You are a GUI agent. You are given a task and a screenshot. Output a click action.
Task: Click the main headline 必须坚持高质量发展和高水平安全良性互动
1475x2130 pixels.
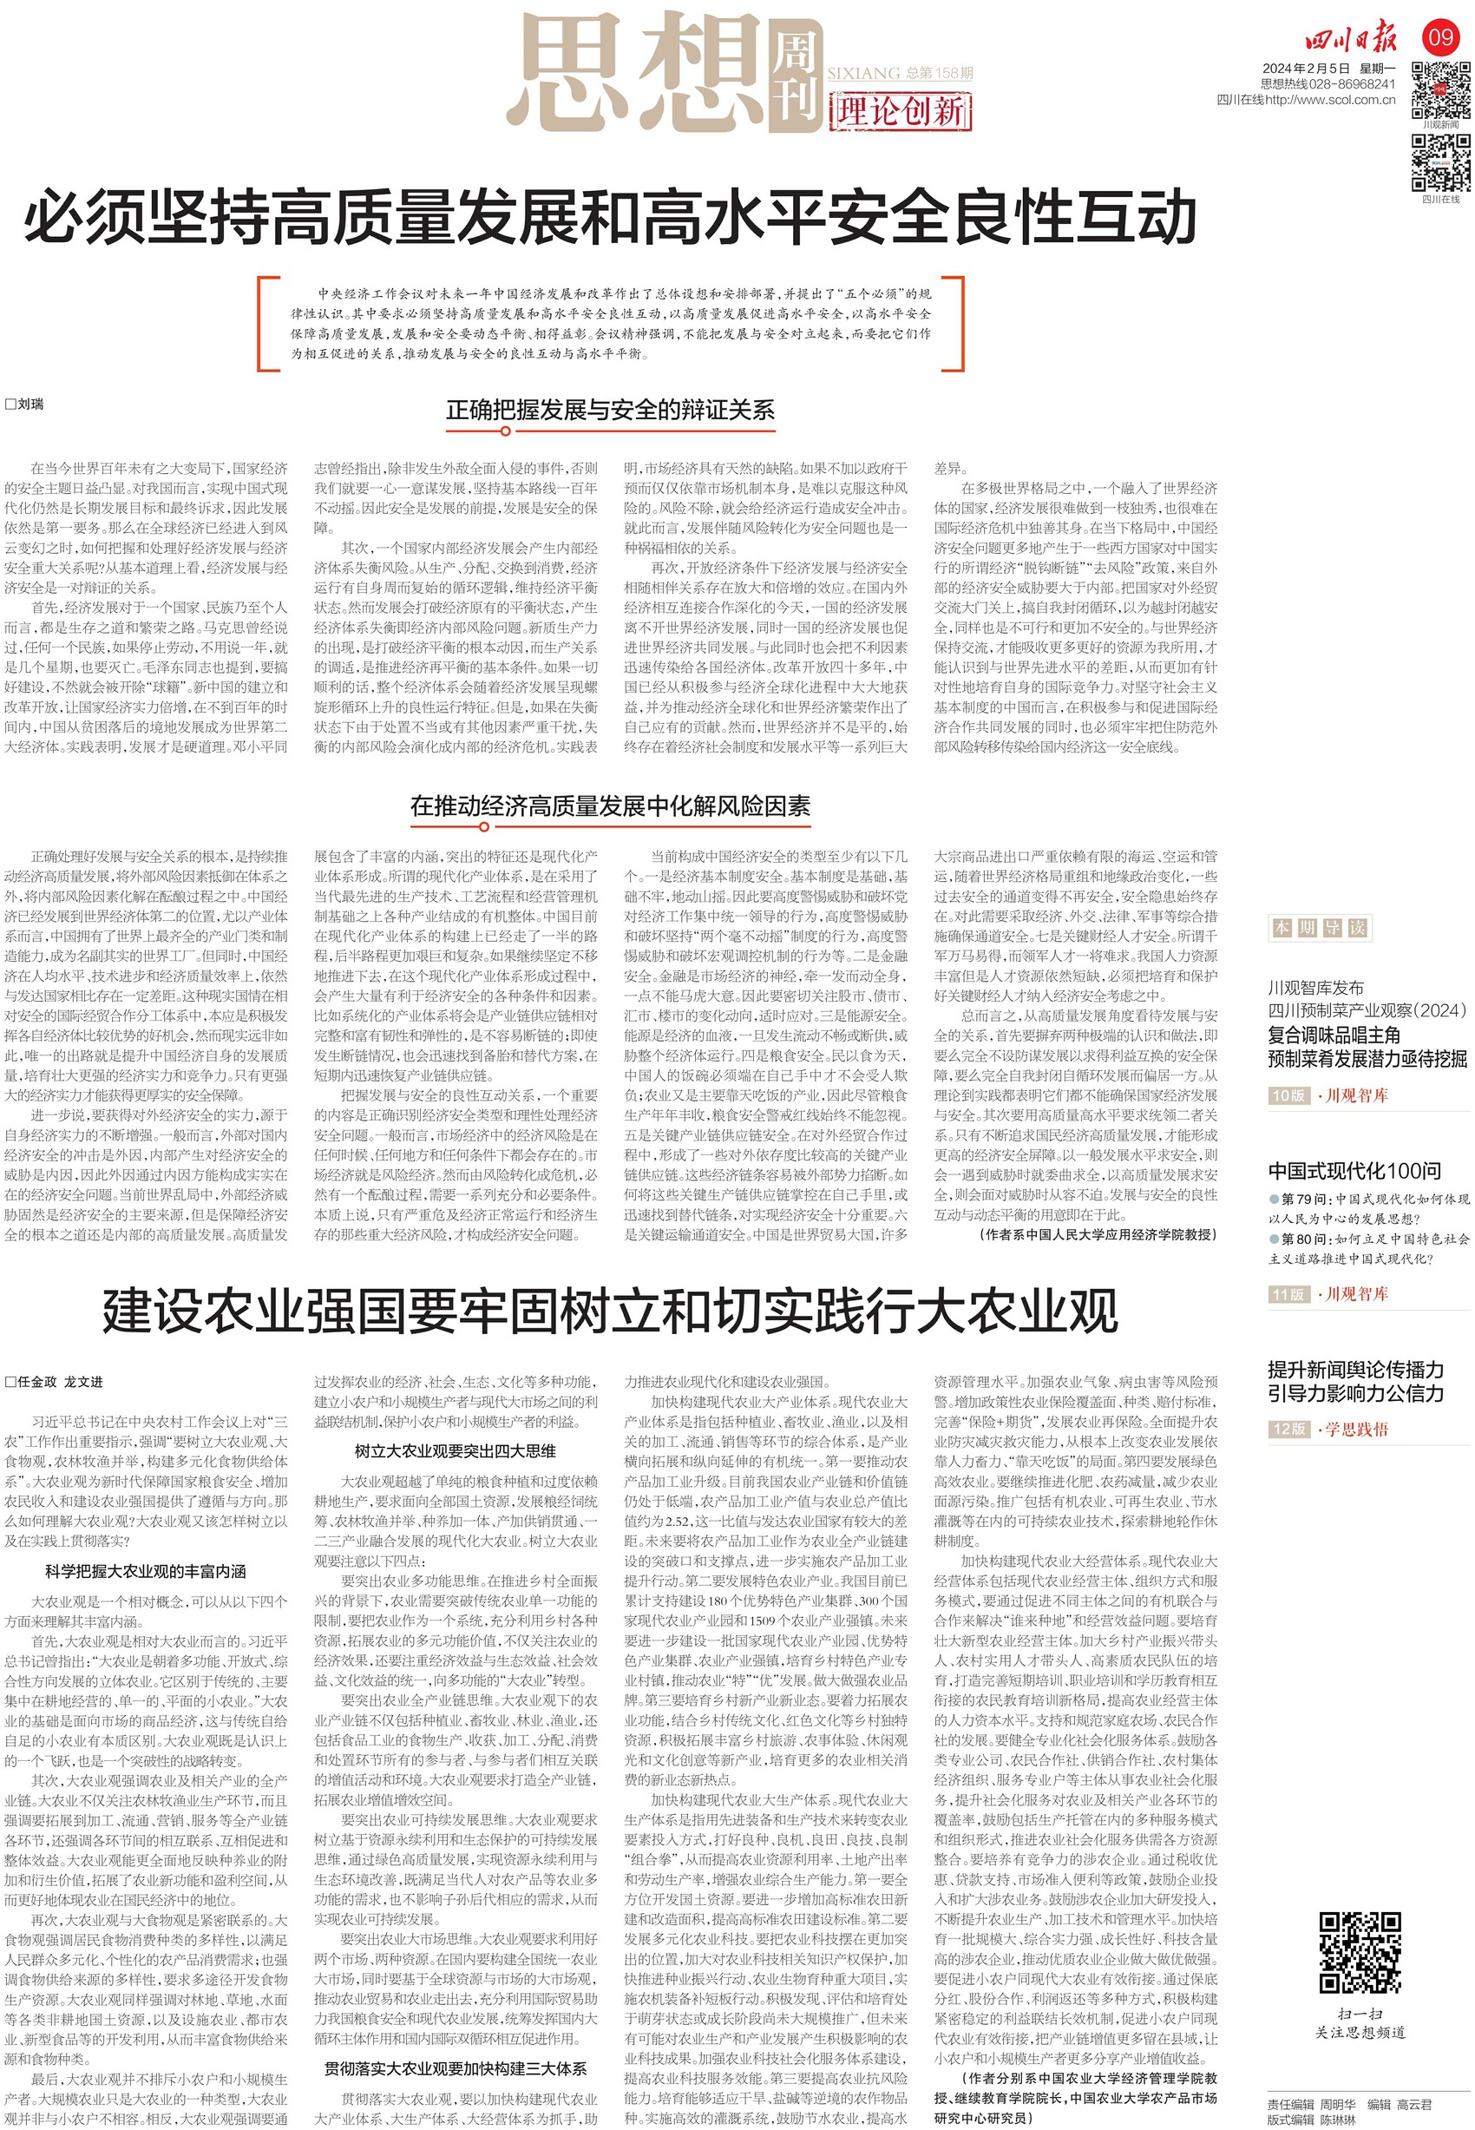click(x=610, y=218)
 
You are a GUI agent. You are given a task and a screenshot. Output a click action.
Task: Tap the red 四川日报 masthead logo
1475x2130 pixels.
click(x=1350, y=40)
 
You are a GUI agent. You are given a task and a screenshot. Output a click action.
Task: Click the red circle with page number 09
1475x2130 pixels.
click(x=1440, y=38)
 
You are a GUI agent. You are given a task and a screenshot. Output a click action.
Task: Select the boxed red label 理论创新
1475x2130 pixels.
click(x=900, y=112)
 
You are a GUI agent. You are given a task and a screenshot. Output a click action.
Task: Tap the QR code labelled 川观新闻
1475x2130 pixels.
click(x=1440, y=89)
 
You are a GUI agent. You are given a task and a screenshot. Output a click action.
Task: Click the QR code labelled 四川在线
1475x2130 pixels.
click(x=1440, y=161)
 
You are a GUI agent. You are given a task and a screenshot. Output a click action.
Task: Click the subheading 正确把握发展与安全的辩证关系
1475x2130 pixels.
click(x=610, y=410)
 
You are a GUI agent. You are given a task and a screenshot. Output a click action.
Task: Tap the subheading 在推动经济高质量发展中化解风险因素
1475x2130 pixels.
click(x=610, y=805)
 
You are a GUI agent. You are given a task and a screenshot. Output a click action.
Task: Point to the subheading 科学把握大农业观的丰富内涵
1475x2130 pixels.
click(x=145, y=1572)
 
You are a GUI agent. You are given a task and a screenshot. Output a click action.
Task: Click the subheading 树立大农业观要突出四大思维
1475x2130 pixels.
click(x=456, y=1451)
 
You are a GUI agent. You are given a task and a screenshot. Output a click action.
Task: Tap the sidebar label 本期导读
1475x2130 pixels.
click(x=1319, y=927)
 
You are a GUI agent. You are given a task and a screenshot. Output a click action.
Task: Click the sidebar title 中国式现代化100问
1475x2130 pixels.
click(x=1354, y=1171)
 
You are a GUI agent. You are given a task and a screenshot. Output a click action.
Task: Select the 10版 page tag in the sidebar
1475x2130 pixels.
click(x=1288, y=1095)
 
